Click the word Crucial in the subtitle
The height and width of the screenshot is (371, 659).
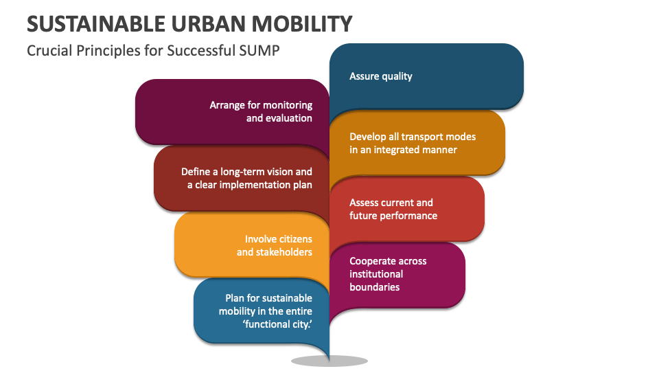pyautogui.click(x=48, y=51)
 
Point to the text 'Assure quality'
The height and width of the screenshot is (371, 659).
pyautogui.click(x=381, y=76)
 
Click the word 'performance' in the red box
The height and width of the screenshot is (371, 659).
pyautogui.click(x=410, y=216)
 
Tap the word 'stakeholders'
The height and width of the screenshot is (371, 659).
pyautogui.click(x=282, y=252)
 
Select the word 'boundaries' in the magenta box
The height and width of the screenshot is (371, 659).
pyautogui.click(x=374, y=287)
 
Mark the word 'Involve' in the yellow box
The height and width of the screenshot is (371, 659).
pyautogui.click(x=260, y=239)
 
